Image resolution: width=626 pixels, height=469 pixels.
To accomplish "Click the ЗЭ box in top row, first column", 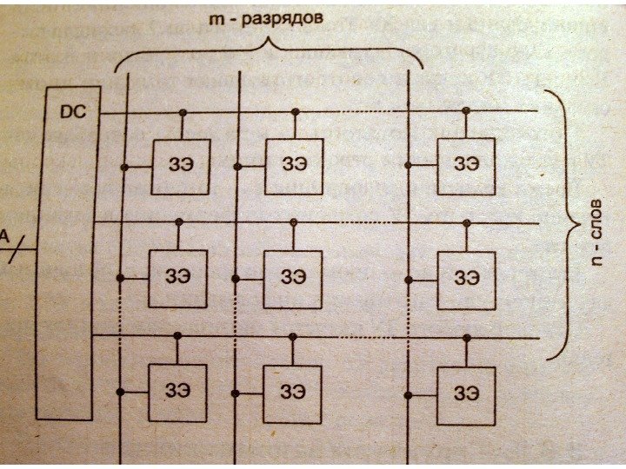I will (x=180, y=165).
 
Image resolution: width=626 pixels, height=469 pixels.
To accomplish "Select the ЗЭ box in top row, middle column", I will (x=293, y=165).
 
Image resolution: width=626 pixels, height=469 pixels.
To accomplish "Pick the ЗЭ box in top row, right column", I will (x=466, y=165).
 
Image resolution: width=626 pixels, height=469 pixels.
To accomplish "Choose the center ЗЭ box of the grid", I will (x=293, y=278).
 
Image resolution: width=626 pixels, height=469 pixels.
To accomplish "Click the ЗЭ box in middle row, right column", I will (x=466, y=278).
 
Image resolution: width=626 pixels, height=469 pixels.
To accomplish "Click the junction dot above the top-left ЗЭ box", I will (x=183, y=112).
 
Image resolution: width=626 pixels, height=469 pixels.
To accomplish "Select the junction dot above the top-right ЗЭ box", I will (x=468, y=111).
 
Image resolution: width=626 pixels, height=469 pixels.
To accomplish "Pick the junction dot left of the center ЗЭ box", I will (x=236, y=279).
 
